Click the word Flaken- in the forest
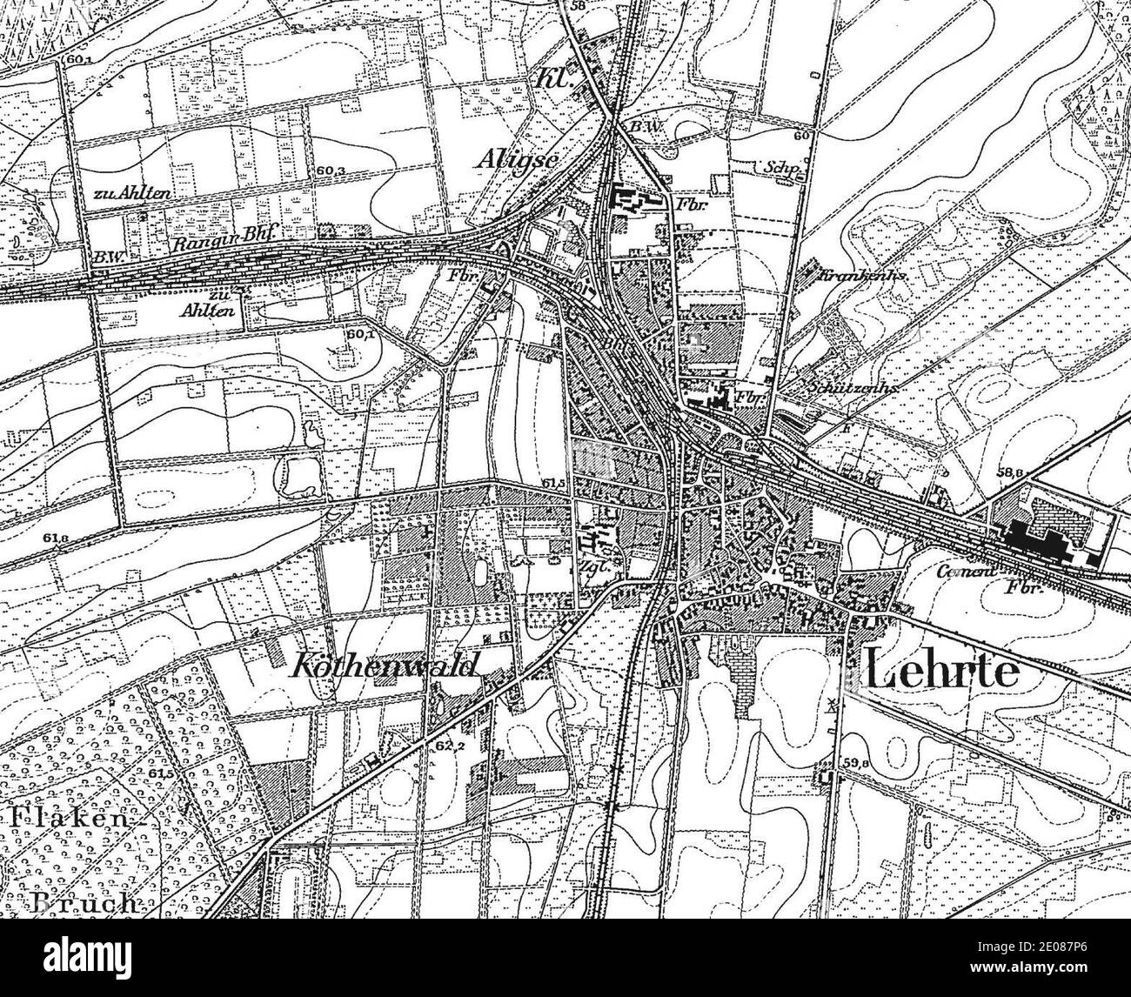[x=70, y=818]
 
